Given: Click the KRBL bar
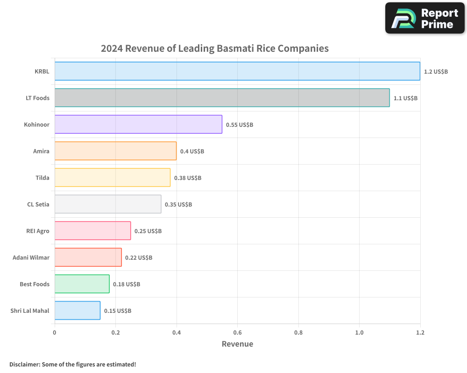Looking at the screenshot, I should coord(237,71).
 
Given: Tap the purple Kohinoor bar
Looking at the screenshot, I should coord(138,124).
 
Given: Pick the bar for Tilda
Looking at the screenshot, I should coord(112,178).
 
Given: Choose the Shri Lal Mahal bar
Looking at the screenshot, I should coord(77,311).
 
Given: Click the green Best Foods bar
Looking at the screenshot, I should coord(82,284).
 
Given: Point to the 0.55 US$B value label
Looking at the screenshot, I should coord(239,125).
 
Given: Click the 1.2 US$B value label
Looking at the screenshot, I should coord(436,72).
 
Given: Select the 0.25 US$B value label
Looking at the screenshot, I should coord(148,231).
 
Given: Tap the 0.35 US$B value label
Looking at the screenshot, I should coord(178,205).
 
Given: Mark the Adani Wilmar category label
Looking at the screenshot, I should coord(31,257).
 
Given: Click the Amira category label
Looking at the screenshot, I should coord(41,151).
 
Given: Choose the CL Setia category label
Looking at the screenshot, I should coord(38,204).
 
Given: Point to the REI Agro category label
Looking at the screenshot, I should coord(38,231).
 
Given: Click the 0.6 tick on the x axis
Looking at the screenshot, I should coord(237,332).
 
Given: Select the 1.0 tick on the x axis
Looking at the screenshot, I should coord(359,332).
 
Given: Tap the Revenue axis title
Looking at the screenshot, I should coord(237,344).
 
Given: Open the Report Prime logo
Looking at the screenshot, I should coord(425,18).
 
